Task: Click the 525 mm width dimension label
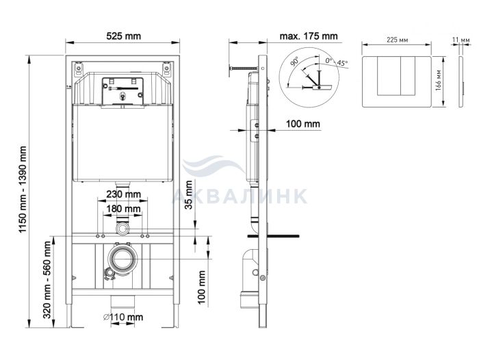[x=123, y=36]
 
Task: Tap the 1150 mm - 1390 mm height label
[x=23, y=190]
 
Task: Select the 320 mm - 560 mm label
[x=47, y=280]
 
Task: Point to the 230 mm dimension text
[x=123, y=194]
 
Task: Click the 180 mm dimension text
[x=123, y=209]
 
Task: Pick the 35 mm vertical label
[x=189, y=194]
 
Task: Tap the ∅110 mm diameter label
[x=123, y=317]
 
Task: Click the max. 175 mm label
[x=309, y=36]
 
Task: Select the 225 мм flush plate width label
[x=397, y=40]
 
